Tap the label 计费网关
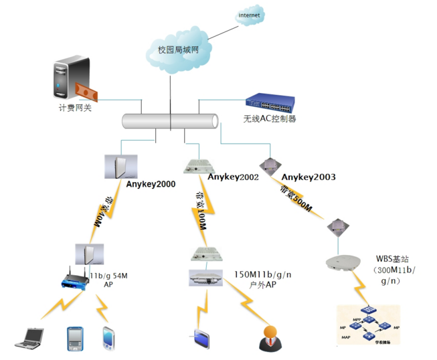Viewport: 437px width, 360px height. pos(74,106)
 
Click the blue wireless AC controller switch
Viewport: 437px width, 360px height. pos(270,101)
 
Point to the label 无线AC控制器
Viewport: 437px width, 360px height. pos(270,119)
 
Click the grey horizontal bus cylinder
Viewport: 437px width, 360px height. pos(171,121)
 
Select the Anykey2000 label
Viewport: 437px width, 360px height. pos(151,183)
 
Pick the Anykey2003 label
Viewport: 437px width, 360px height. pos(309,177)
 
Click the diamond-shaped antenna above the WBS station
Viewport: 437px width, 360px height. pos(337,227)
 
